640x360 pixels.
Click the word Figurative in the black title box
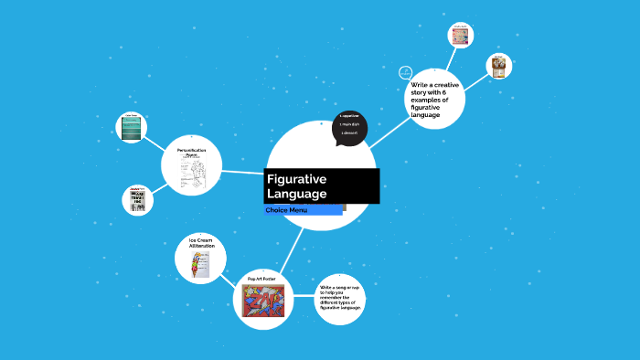296,179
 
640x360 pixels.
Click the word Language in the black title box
296,194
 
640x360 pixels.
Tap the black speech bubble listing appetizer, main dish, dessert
349,129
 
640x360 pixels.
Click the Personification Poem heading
191,152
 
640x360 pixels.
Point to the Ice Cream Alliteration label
200,242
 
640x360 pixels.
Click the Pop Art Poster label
261,278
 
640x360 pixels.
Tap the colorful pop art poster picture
262,300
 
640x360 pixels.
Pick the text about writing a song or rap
340,298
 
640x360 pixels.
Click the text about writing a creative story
434,100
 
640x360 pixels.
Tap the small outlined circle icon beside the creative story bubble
406,72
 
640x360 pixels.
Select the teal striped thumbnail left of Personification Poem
133,129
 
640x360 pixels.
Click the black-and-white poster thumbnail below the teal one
138,200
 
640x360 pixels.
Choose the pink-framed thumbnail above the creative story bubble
460,37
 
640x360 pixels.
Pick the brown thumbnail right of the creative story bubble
497,66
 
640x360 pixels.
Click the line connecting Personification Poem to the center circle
243,171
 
